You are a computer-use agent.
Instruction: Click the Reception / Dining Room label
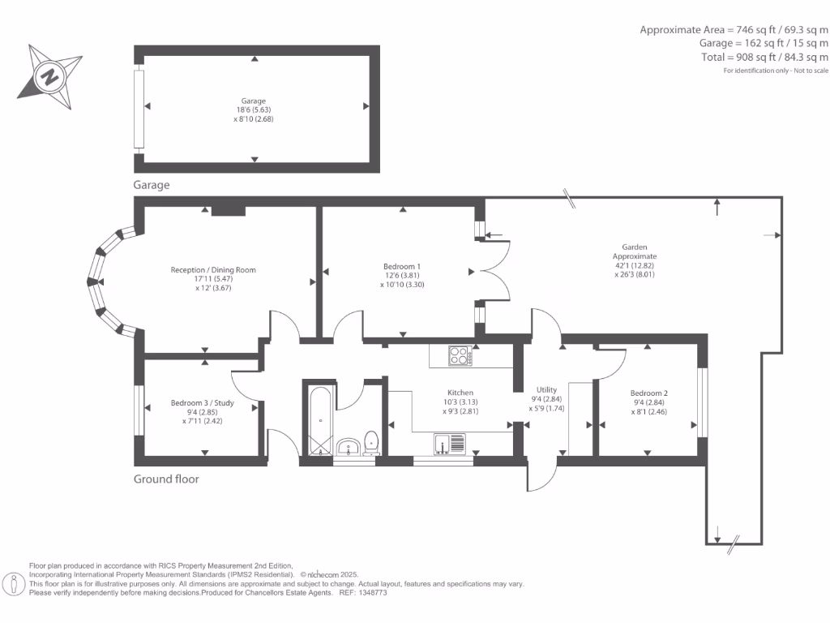213,278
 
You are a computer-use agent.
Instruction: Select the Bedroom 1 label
402,275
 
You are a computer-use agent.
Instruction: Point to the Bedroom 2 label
649,402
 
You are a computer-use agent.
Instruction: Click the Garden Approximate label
635,260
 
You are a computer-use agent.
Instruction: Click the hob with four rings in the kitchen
460,355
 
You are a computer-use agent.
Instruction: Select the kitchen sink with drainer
449,443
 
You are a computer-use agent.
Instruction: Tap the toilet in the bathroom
372,442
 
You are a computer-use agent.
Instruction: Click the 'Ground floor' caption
166,479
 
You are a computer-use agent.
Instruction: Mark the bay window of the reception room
105,281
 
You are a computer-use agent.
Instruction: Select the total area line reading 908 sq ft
764,58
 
